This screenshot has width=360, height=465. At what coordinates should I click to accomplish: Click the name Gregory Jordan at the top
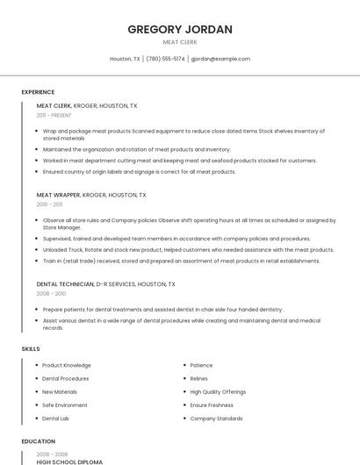(x=180, y=29)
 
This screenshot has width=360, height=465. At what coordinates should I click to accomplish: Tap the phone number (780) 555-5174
(x=165, y=59)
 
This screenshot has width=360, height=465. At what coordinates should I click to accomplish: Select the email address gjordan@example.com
(x=220, y=59)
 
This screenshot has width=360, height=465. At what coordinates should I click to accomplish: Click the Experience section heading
(x=38, y=92)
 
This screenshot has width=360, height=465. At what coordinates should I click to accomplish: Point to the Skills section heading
(x=31, y=349)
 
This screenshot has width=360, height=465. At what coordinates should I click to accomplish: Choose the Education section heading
(x=38, y=441)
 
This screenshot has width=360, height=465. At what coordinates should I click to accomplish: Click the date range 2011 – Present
(x=54, y=115)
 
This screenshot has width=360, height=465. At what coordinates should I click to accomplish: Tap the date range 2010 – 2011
(x=49, y=204)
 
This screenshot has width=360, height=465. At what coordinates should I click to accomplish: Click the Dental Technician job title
(x=65, y=284)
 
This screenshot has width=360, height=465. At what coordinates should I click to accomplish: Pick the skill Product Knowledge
(x=67, y=365)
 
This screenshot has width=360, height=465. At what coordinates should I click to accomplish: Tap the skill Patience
(x=201, y=365)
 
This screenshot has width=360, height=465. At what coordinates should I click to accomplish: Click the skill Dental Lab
(x=55, y=418)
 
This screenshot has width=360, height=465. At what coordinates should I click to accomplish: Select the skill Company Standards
(x=216, y=418)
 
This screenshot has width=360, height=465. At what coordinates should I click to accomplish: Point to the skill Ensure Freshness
(x=212, y=405)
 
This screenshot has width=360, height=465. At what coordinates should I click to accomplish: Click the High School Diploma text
(x=69, y=461)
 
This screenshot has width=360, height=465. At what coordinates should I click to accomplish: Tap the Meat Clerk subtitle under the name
(x=180, y=42)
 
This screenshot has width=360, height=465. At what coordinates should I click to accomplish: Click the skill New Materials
(x=60, y=392)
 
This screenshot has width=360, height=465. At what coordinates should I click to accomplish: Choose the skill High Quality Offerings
(x=218, y=392)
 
